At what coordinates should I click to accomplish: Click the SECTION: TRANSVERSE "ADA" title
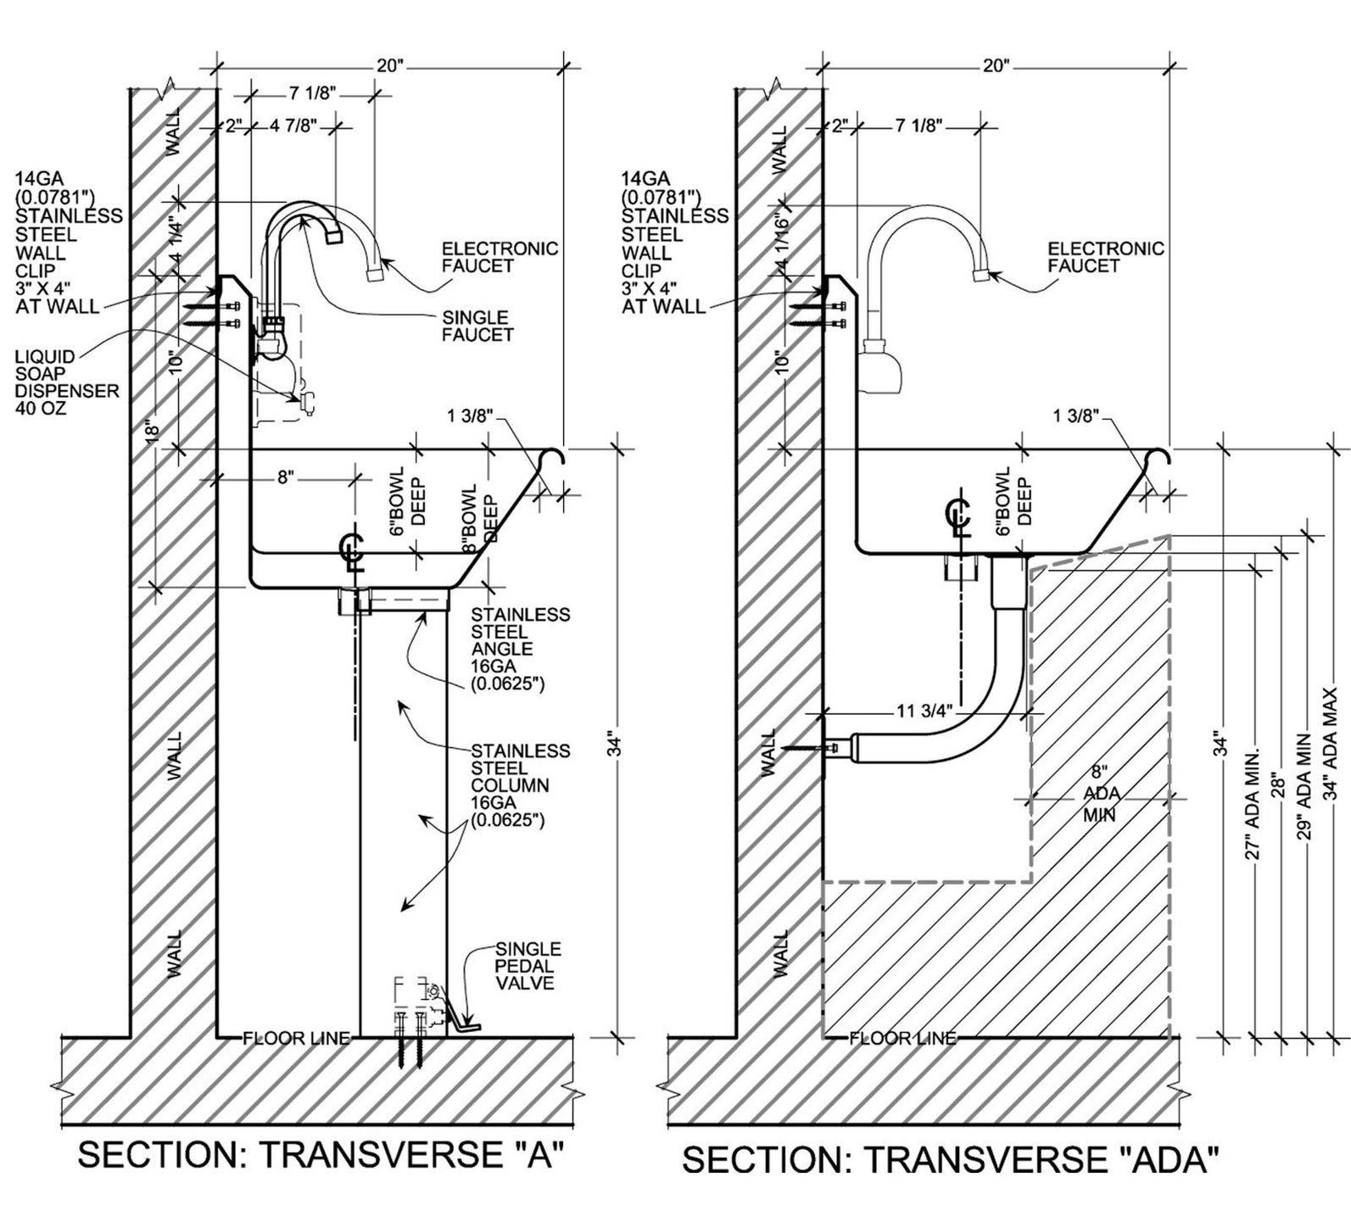pyautogui.click(x=951, y=1159)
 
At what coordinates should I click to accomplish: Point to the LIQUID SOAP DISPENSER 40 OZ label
pyautogui.click(x=66, y=382)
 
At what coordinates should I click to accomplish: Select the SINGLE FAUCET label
pyautogui.click(x=478, y=326)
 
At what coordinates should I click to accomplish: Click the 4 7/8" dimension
pyautogui.click(x=293, y=126)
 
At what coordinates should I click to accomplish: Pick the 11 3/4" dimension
pyautogui.click(x=924, y=711)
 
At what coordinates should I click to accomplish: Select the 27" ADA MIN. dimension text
pyautogui.click(x=1252, y=802)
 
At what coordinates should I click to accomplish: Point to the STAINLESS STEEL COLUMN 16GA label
pyautogui.click(x=520, y=785)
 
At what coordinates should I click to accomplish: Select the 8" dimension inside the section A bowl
pyautogui.click(x=285, y=478)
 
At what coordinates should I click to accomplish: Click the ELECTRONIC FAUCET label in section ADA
pyautogui.click(x=1105, y=257)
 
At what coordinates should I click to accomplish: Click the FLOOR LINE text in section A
pyautogui.click(x=296, y=1038)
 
